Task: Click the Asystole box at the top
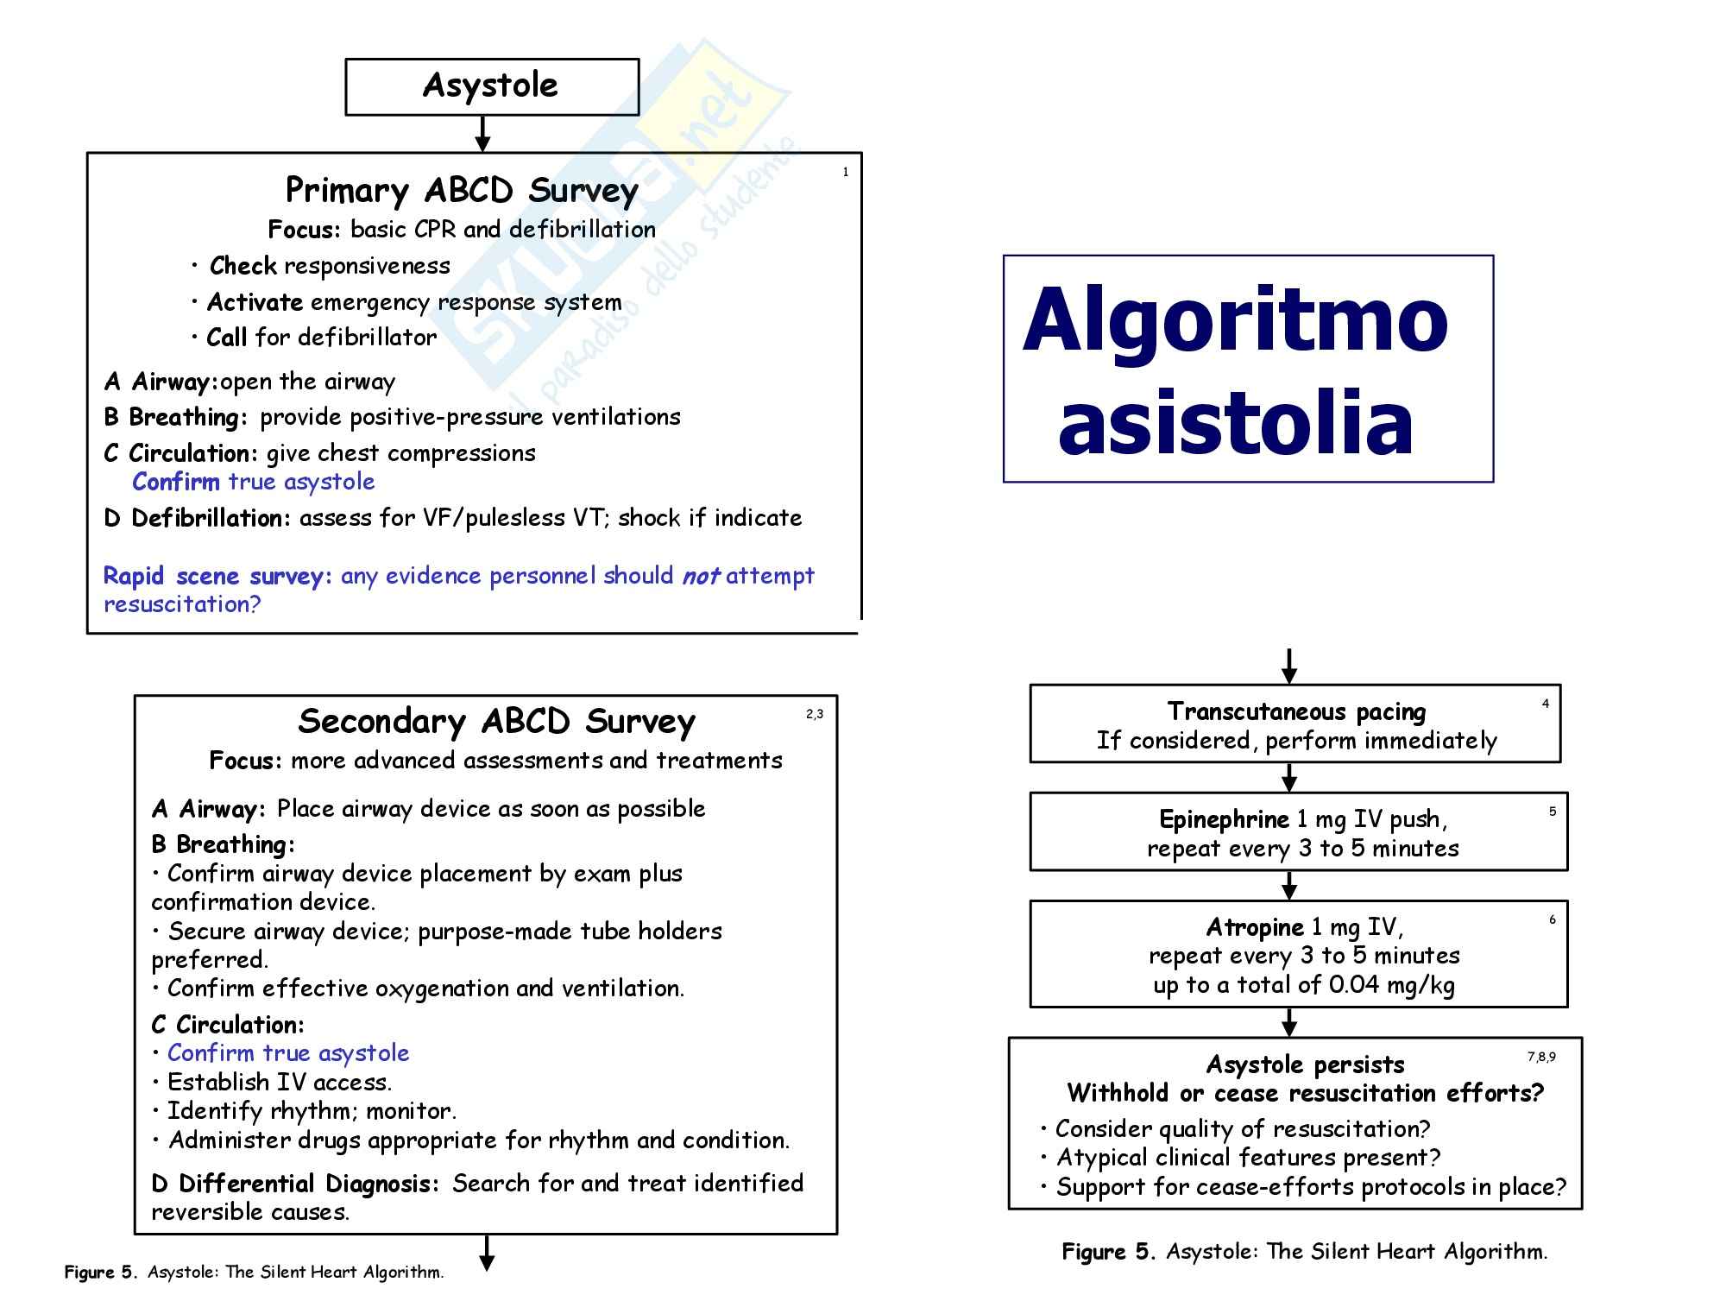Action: [x=491, y=86]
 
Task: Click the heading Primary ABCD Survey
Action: [x=462, y=191]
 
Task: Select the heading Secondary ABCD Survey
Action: [x=496, y=722]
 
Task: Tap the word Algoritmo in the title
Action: [x=1234, y=321]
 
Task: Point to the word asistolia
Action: [x=1235, y=423]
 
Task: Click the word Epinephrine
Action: [x=1224, y=819]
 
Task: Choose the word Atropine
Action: [x=1255, y=928]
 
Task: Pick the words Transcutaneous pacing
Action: [x=1296, y=711]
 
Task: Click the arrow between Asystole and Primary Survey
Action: [x=483, y=134]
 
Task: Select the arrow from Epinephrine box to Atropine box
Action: [x=1289, y=885]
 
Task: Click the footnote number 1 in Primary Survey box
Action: [x=846, y=173]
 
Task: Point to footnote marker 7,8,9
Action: [x=1541, y=1058]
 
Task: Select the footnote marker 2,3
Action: [x=815, y=714]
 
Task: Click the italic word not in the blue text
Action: [x=700, y=576]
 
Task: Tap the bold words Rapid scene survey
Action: [x=217, y=576]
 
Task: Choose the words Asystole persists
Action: [x=1305, y=1064]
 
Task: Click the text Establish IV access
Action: [x=280, y=1083]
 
